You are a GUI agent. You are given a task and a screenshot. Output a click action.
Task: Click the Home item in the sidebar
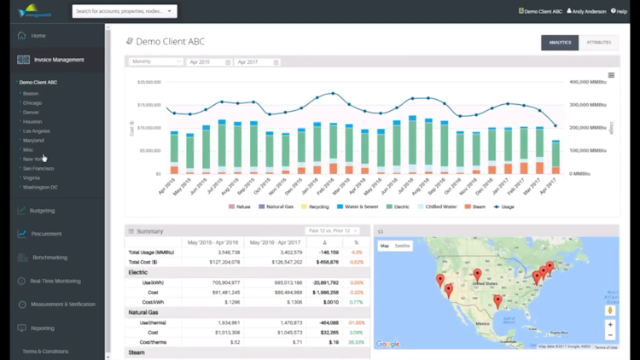tap(38, 36)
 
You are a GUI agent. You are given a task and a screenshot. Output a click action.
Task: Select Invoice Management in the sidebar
tap(58, 60)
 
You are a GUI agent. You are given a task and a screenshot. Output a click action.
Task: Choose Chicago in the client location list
tap(32, 102)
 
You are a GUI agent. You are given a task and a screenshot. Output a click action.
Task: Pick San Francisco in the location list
tap(38, 168)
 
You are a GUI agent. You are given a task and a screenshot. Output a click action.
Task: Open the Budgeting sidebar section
tap(42, 211)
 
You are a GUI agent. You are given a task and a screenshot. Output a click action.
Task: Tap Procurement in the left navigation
tap(46, 234)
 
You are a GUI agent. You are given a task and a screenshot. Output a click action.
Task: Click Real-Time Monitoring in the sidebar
tap(55, 281)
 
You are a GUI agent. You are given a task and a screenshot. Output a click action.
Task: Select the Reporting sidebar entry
tap(42, 328)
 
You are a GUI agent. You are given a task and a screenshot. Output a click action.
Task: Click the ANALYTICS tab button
tap(560, 42)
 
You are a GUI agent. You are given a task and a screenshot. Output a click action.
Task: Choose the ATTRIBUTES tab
tap(599, 42)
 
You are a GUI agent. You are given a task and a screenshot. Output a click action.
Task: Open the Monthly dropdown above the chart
tap(155, 62)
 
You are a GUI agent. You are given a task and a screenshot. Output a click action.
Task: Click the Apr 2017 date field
tap(257, 62)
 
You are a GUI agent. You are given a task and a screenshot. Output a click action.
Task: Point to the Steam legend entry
tap(476, 206)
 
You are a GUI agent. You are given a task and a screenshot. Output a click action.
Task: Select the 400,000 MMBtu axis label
tap(585, 82)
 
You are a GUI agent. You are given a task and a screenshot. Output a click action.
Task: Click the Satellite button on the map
tap(402, 246)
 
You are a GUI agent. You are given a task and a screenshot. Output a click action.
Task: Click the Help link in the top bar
tap(619, 11)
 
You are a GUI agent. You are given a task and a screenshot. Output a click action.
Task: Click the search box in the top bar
tap(124, 11)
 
